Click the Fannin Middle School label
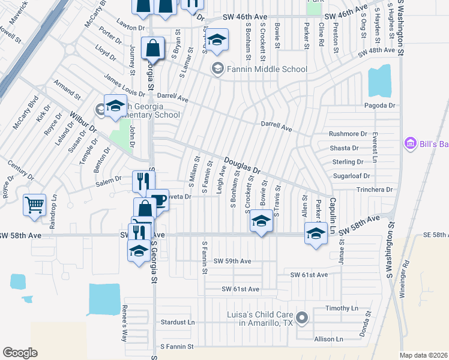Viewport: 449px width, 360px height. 267,69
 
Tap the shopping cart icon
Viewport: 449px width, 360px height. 34,205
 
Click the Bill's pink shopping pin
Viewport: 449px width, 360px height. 411,144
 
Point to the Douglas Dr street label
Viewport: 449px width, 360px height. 243,166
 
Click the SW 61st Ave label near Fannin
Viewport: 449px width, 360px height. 241,289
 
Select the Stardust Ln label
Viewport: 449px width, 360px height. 178,322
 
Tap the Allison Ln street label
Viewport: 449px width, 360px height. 328,339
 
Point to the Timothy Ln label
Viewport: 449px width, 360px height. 342,308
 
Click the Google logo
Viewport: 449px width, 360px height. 20,352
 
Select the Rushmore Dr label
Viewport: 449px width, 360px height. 348,134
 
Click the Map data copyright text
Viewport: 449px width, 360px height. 423,355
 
